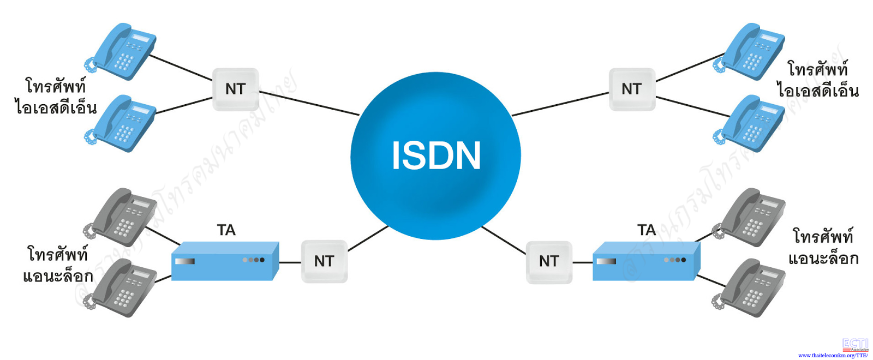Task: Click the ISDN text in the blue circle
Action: pos(436,155)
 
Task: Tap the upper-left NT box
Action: pos(235,89)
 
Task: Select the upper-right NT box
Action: pos(632,89)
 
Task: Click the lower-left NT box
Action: pos(324,261)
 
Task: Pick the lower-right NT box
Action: pos(549,262)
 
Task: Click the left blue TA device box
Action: pos(225,262)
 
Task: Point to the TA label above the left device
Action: pos(226,230)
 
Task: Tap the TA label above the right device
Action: pos(647,230)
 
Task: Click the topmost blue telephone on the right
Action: pos(751,51)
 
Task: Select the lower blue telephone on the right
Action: pos(751,123)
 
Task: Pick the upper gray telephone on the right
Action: pos(751,217)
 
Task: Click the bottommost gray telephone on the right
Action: pos(751,287)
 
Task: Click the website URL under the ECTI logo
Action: pos(833,355)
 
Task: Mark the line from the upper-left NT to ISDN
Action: pos(309,103)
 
